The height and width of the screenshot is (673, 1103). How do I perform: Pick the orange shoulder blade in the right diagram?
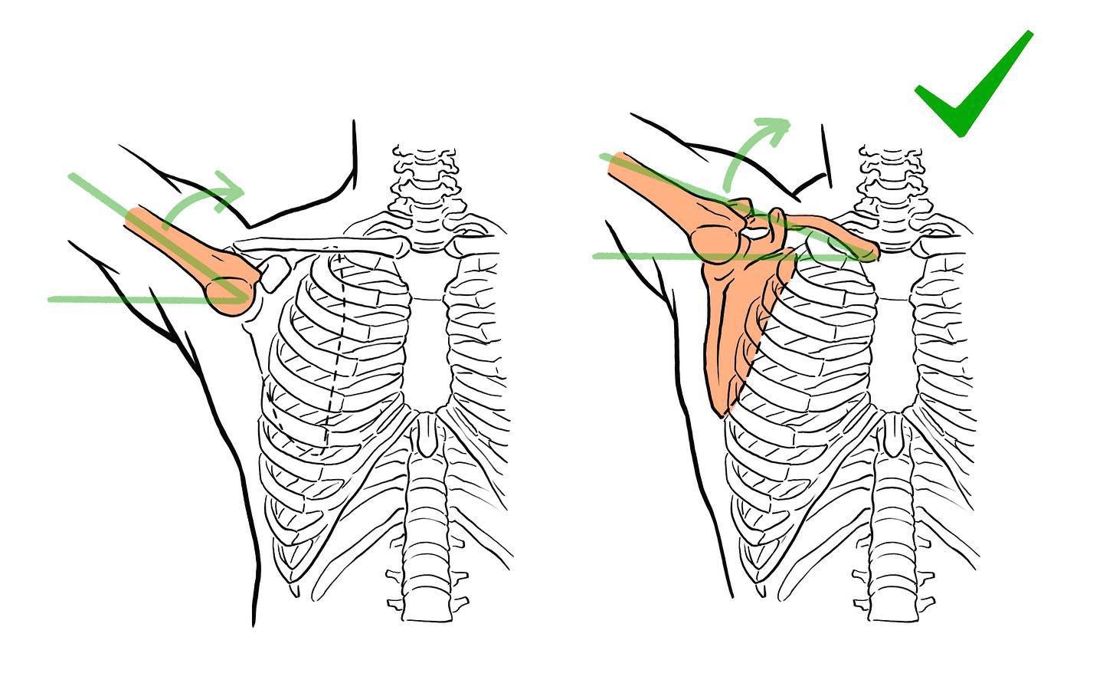point(739,322)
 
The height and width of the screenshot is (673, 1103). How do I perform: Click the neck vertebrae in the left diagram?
point(426,180)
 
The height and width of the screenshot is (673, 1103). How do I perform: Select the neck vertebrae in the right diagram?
point(893,180)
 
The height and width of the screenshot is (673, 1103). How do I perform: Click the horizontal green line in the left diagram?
point(115,299)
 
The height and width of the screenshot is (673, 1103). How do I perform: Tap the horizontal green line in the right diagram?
point(651,256)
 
